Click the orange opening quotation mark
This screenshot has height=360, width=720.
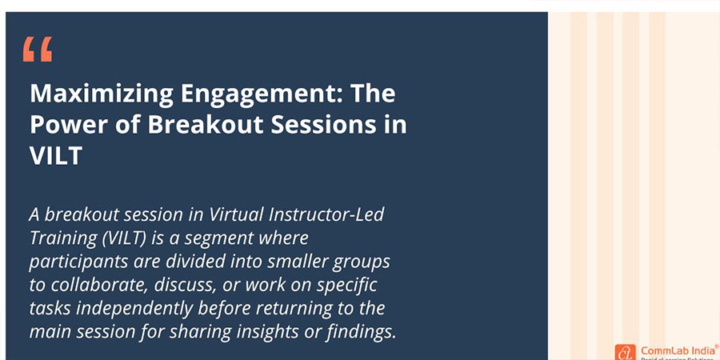(x=38, y=50)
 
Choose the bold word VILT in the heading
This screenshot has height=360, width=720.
(x=56, y=155)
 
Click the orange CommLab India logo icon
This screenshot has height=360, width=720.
(x=625, y=351)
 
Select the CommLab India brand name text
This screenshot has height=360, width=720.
(x=673, y=350)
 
